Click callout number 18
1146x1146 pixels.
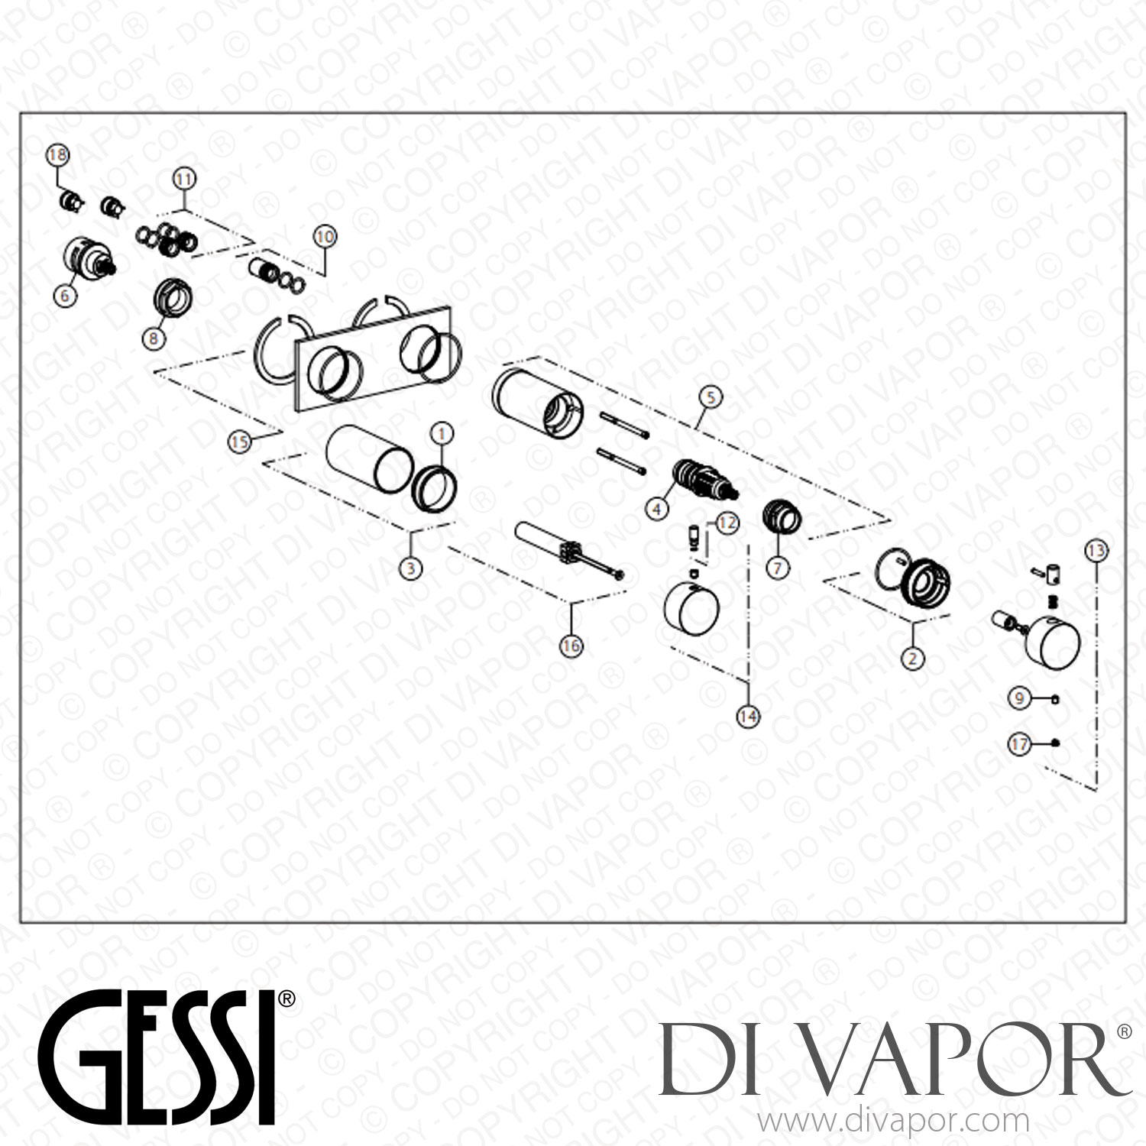[x=57, y=155]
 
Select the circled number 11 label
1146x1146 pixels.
[x=184, y=179]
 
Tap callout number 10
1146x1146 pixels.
[x=325, y=237]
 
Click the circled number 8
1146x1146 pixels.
[x=154, y=337]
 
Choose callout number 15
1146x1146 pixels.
[x=240, y=442]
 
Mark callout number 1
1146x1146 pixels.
[x=442, y=433]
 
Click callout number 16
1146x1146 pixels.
[x=571, y=646]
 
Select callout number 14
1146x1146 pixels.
[x=748, y=716]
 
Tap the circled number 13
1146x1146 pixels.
[x=1096, y=550]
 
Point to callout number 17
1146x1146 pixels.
[x=1020, y=743]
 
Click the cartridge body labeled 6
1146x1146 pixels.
[x=89, y=257]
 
